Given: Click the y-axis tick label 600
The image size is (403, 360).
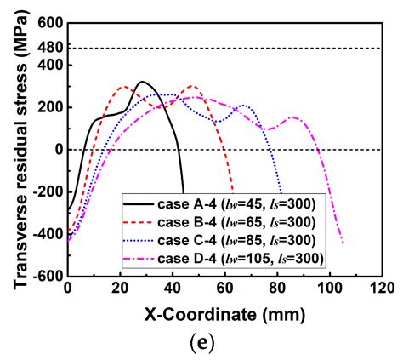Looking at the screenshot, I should point(51,23).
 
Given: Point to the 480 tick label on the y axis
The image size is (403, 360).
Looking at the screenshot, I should point(51,48).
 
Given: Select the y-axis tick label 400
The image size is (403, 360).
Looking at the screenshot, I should point(51,65).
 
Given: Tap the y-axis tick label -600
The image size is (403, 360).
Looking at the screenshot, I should point(48,276).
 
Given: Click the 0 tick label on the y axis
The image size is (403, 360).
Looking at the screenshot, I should point(59,150).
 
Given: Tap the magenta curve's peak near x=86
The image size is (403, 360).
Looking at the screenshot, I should point(293,117).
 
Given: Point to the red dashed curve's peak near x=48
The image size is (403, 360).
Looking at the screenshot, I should point(193,86).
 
